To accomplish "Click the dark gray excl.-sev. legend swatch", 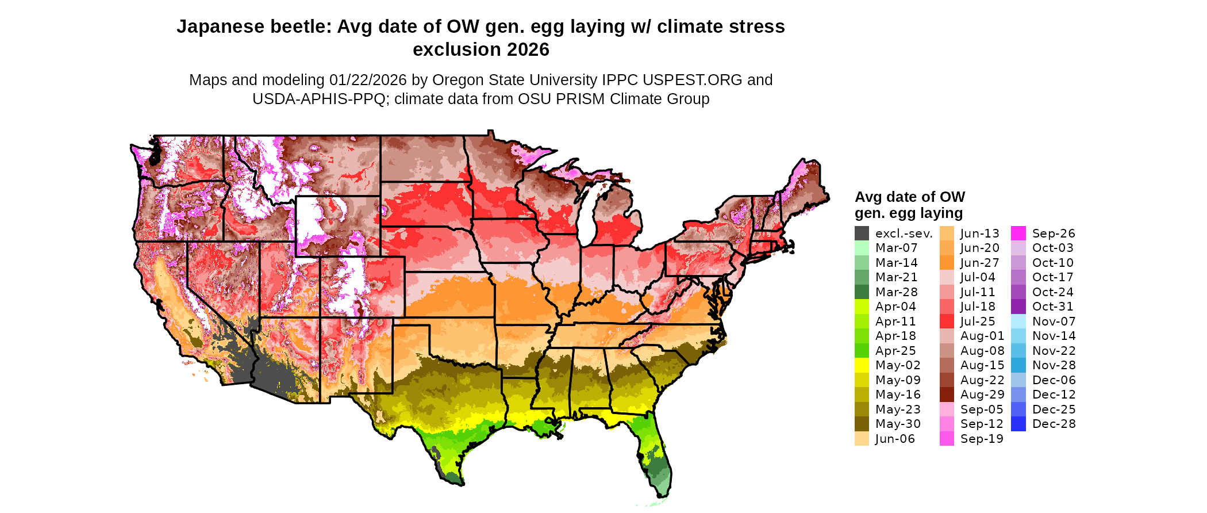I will [x=862, y=233].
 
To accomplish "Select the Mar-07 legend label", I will [x=896, y=248].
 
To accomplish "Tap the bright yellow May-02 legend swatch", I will [x=862, y=365].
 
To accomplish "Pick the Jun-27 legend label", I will [x=979, y=263].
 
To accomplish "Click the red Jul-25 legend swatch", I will [x=947, y=321].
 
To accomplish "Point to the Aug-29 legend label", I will [x=982, y=395].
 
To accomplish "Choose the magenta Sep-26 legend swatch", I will [x=1018, y=233].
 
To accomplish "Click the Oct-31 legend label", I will [x=1052, y=307].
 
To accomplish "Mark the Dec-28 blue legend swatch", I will [x=1018, y=424].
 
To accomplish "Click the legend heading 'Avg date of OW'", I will [x=909, y=197].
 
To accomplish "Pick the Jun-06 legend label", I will [x=894, y=439].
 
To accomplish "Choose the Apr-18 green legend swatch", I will [x=862, y=336].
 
